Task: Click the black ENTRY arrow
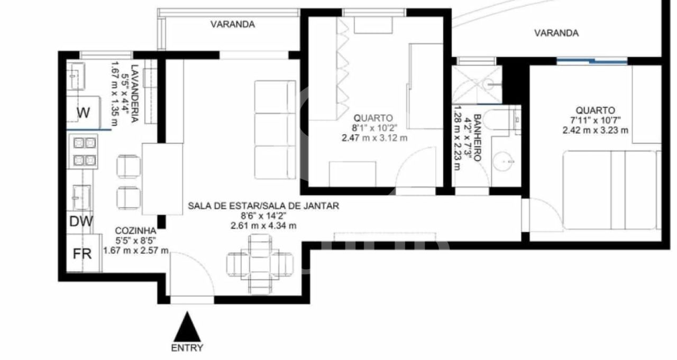point(187,327)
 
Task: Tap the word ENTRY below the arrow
point(187,348)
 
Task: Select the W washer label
point(83,113)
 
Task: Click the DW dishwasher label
point(81,221)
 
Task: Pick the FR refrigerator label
point(82,254)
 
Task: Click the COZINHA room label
point(136,230)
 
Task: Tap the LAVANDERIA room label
point(135,94)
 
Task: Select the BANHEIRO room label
point(477,137)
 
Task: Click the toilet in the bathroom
point(498,120)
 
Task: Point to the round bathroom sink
point(503,161)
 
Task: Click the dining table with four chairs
point(260,264)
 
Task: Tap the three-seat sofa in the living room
point(275,130)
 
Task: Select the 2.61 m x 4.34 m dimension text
point(263,226)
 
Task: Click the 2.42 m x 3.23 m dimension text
point(595,131)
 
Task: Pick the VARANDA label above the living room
point(233,24)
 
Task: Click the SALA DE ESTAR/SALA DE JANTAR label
point(263,206)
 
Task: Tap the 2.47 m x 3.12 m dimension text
point(374,138)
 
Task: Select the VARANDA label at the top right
point(556,33)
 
